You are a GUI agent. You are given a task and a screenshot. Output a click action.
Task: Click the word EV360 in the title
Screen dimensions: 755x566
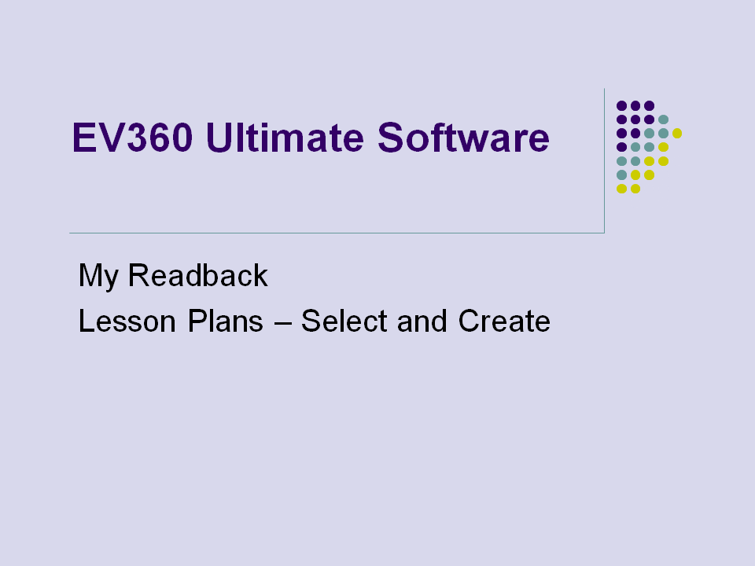click(132, 138)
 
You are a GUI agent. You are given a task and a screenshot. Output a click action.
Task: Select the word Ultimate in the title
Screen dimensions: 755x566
click(285, 138)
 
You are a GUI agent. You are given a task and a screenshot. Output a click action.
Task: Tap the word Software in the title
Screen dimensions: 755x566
click(463, 138)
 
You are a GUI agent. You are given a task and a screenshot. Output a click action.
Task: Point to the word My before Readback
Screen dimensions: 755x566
click(98, 276)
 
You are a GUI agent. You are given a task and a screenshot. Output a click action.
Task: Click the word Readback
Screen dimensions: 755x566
click(197, 275)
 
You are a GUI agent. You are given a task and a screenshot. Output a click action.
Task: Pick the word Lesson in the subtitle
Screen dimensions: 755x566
click(127, 321)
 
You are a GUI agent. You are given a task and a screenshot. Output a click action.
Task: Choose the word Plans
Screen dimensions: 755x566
click(226, 321)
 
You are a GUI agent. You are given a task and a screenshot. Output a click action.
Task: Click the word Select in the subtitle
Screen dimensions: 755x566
click(344, 321)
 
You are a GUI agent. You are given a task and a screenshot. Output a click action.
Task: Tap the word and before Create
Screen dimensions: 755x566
click(422, 321)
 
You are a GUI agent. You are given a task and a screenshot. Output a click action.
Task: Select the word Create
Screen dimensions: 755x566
click(504, 321)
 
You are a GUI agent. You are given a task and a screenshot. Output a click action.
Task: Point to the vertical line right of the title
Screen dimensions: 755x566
click(604, 160)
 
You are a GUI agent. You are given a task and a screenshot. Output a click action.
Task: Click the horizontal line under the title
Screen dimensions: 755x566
click(337, 233)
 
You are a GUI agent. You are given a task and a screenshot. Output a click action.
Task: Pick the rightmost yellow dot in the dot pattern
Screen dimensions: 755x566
click(677, 134)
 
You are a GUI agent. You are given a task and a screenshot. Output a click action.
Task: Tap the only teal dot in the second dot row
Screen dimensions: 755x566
click(663, 119)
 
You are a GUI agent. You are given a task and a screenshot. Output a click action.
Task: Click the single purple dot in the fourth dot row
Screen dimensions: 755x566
click(621, 147)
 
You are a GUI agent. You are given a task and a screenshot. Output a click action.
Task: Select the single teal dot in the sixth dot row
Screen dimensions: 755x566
click(621, 175)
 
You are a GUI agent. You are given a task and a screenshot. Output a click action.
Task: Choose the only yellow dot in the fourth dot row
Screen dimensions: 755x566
click(663, 147)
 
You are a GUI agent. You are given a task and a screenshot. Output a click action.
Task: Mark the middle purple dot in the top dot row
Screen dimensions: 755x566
click(635, 105)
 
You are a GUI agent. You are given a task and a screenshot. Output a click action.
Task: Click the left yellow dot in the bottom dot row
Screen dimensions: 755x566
click(621, 189)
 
